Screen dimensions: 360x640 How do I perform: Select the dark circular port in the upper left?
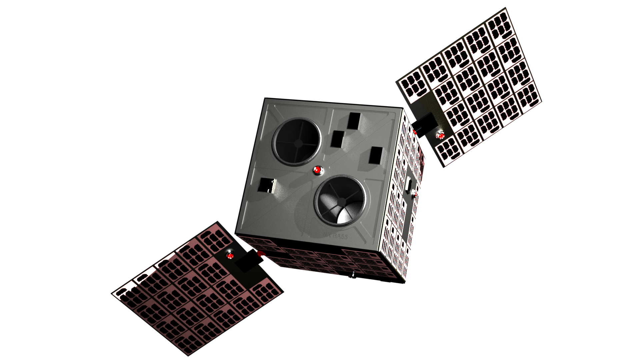[x=297, y=141]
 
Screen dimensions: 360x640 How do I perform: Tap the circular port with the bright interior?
[x=340, y=202]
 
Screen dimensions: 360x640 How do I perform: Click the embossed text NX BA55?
[x=335, y=236]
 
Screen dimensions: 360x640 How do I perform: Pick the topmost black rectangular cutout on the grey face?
[x=354, y=121]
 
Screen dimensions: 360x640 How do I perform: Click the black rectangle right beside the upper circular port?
[x=338, y=139]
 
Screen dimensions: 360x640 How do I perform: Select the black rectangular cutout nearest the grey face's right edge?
[x=376, y=155]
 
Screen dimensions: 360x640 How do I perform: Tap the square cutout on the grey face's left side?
[x=266, y=185]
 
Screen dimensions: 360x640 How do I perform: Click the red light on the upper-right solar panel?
[x=441, y=136]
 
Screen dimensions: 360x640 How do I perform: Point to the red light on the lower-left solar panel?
[x=230, y=256]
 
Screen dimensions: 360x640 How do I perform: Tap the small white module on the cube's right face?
[x=414, y=193]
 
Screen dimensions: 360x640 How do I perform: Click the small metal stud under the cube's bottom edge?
[x=352, y=275]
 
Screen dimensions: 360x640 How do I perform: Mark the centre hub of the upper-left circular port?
[x=298, y=143]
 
